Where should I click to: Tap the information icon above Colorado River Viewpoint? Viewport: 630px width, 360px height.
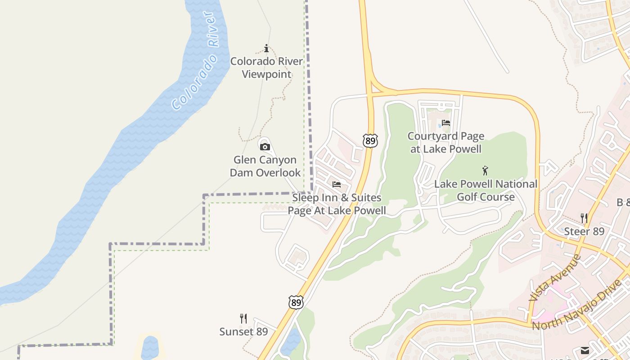[x=266, y=48]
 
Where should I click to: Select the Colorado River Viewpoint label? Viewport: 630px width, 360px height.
[x=267, y=67]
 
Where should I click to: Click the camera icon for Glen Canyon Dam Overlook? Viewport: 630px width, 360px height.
[x=265, y=147]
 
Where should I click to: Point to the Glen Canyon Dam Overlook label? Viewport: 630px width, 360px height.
[x=265, y=166]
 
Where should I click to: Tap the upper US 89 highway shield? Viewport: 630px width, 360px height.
[x=370, y=141]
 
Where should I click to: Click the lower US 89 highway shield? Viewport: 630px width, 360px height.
[x=296, y=302]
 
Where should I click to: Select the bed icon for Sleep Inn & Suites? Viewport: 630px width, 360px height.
[x=337, y=184]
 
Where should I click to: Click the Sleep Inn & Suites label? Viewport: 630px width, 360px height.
[x=337, y=204]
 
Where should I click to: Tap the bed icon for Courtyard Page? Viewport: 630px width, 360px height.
[x=446, y=122]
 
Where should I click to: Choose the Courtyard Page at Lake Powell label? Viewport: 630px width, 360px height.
[x=446, y=142]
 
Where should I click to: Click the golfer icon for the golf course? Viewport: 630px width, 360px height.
[x=485, y=171]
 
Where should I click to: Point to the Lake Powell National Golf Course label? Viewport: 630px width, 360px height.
[x=486, y=190]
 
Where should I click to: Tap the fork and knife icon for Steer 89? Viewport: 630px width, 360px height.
[x=584, y=218]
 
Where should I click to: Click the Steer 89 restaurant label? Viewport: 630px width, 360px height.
[x=584, y=232]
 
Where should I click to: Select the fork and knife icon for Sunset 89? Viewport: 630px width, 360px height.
[x=243, y=319]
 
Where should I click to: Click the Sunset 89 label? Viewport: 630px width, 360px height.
[x=243, y=332]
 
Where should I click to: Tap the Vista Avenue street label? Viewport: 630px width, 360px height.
[x=555, y=278]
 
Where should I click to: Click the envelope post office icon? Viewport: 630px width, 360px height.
[x=585, y=351]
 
